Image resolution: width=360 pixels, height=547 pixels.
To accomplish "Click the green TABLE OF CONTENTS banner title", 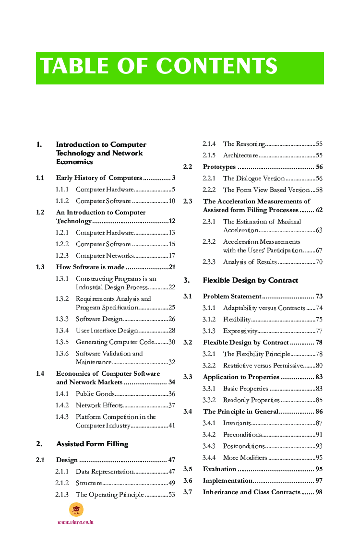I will pos(159,67).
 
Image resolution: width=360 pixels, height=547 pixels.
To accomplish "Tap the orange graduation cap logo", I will pos(76,510).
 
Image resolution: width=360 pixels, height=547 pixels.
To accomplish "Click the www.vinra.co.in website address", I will pos(75,522).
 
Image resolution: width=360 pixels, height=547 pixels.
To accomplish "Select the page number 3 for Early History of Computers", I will pos(173,178).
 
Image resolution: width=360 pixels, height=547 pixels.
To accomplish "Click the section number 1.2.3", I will pos(62,256).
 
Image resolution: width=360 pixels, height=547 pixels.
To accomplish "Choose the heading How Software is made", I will pos(90,267).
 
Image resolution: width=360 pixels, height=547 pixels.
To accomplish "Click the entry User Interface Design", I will pos(107,331).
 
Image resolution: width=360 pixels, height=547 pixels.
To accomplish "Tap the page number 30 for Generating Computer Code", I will pos(171,342).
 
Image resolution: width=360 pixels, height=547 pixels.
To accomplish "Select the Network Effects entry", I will pos(99,405).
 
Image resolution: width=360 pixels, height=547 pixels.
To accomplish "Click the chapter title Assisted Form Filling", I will pos(92,444).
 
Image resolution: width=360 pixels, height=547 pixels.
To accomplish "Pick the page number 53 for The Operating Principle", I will pos(171,495).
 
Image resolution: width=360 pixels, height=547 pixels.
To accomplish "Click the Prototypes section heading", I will pos(219,167).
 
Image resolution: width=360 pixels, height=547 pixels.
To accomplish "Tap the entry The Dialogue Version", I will pos(254,178).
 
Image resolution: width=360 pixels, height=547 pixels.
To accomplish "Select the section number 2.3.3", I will pos(209,262).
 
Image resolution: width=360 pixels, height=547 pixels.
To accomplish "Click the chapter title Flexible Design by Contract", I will pos(251,280).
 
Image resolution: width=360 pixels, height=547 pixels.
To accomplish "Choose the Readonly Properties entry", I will pos(251,400).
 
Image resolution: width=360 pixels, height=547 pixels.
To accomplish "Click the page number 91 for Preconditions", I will pos(319,435).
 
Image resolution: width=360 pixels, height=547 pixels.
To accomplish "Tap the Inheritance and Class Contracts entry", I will pos(252,492).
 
